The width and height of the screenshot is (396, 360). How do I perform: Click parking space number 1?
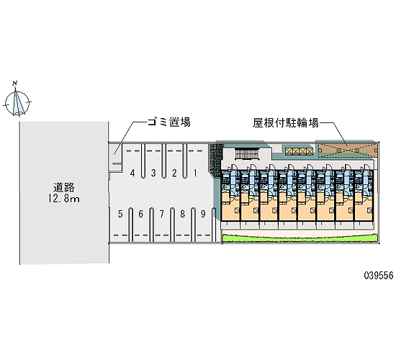point(195,173)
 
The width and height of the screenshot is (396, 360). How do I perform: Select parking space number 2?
point(174,173)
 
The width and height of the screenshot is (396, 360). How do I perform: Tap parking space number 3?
point(153,173)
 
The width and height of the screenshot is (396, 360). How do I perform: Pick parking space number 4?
point(132,173)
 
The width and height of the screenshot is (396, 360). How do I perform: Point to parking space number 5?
point(120,214)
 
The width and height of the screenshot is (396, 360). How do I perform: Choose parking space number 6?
point(141,214)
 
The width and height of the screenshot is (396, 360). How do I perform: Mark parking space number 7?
point(161,214)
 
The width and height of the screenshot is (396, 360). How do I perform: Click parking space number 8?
point(182,214)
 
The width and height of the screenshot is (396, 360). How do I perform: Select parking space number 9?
point(203,214)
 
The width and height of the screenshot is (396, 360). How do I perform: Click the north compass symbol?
point(17,102)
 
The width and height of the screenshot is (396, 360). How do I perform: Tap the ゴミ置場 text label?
point(169,122)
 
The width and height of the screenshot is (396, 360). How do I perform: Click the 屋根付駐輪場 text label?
point(286,123)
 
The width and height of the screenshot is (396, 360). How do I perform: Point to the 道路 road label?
point(64,187)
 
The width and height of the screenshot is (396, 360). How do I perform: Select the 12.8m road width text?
point(64,199)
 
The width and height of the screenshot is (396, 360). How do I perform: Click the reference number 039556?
point(379,275)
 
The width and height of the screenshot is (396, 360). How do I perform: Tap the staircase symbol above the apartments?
point(247,154)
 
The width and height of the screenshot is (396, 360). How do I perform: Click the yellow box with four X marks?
point(299,152)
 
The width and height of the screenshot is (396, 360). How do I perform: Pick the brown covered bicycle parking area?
point(348,150)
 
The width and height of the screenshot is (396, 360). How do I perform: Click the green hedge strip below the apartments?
point(300,238)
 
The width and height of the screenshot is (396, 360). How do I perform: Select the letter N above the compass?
point(15,83)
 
